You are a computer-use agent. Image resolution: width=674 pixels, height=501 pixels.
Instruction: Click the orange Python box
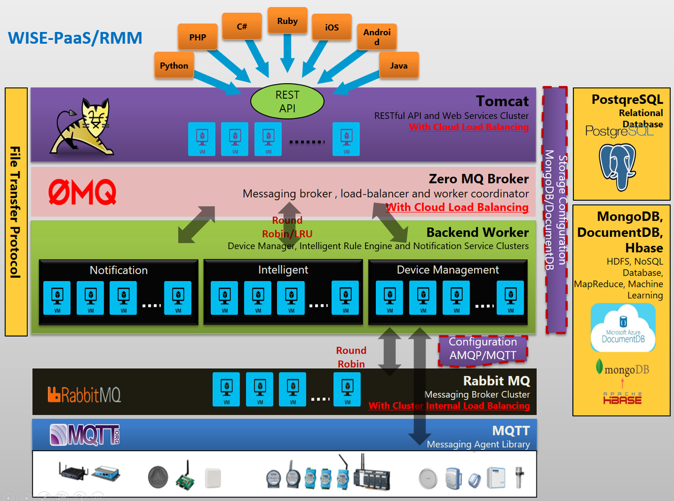tap(174, 65)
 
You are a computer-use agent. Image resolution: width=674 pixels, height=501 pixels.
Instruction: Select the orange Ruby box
tap(287, 21)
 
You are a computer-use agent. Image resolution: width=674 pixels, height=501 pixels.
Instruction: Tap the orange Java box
tap(399, 65)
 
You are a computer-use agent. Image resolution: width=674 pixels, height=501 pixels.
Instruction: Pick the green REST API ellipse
tap(287, 102)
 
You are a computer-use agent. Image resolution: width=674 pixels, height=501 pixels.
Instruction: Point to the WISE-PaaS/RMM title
tap(75, 38)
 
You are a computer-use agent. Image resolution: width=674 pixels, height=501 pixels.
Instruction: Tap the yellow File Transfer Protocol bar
tap(16, 212)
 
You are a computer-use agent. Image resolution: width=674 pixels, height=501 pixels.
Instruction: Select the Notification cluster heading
tap(119, 270)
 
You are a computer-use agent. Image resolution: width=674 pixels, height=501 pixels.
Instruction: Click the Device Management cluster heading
tap(448, 270)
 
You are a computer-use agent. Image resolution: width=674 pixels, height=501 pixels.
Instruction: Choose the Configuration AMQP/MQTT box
tap(482, 349)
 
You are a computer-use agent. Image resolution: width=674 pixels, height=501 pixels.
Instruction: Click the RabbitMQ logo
tap(84, 394)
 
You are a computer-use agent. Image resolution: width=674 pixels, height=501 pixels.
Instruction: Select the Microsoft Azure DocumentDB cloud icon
tap(623, 328)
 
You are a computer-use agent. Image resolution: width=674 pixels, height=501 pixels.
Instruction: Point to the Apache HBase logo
tap(622, 398)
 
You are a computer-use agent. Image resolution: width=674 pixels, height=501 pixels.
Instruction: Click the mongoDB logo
tap(622, 369)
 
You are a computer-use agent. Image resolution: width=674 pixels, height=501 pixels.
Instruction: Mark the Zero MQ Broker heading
tap(478, 179)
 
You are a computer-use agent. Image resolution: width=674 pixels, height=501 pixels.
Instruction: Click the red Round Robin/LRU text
tap(287, 227)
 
